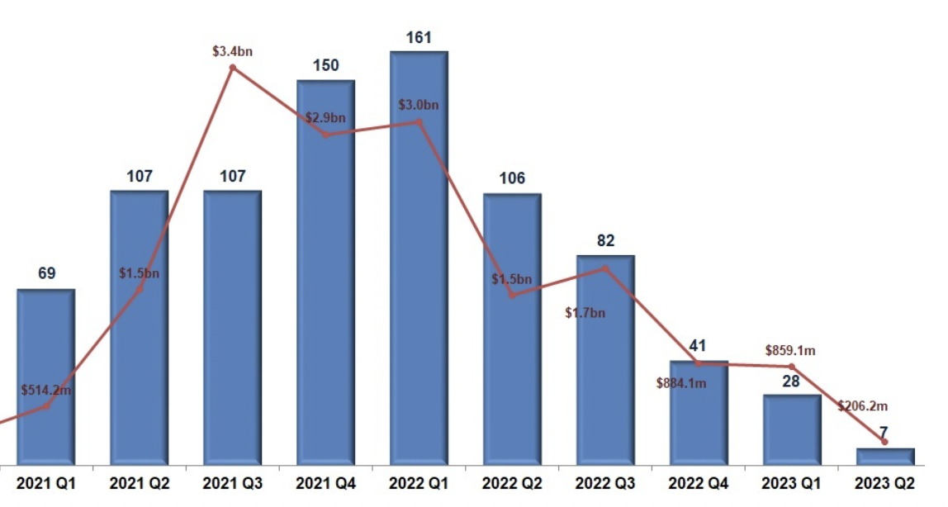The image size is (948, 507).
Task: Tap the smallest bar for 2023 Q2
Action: pyautogui.click(x=885, y=457)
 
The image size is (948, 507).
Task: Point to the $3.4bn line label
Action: pyautogui.click(x=232, y=51)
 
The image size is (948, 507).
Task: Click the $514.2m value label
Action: pyautogui.click(x=46, y=390)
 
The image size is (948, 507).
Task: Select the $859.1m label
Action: pyautogui.click(x=790, y=351)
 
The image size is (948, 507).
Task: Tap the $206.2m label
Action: pyautogui.click(x=862, y=405)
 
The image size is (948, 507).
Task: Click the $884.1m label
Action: pyautogui.click(x=680, y=382)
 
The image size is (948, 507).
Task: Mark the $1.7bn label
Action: pyautogui.click(x=585, y=313)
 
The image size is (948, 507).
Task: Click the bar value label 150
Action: pyautogui.click(x=325, y=66)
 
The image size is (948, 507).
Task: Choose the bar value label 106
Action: pyautogui.click(x=512, y=179)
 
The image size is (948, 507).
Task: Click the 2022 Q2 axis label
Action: pyautogui.click(x=512, y=485)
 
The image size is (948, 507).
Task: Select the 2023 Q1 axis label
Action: pyautogui.click(x=791, y=485)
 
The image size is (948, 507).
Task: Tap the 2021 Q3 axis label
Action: pyautogui.click(x=232, y=485)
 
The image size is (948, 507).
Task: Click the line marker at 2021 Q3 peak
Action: pyautogui.click(x=232, y=67)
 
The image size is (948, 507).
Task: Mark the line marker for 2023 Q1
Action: pyautogui.click(x=791, y=366)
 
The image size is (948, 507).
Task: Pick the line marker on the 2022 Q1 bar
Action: pyautogui.click(x=419, y=122)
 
